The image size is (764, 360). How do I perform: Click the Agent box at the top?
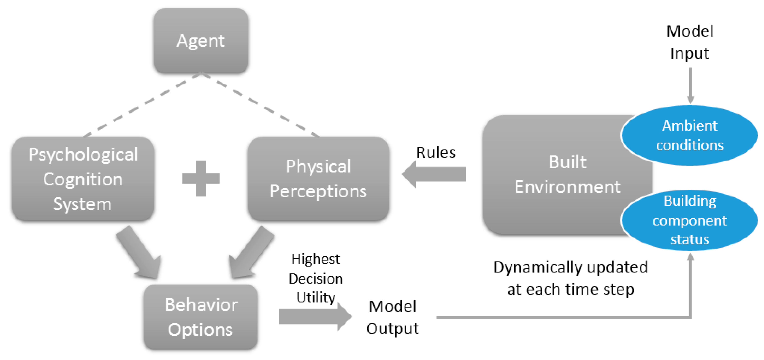click(201, 41)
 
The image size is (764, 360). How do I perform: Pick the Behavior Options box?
click(201, 317)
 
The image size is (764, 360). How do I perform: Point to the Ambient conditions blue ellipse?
click(690, 135)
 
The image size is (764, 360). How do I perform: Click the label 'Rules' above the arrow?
click(436, 153)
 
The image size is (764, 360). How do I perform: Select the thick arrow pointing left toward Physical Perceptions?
click(434, 174)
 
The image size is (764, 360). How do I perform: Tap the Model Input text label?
click(690, 42)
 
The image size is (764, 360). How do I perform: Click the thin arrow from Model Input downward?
click(690, 86)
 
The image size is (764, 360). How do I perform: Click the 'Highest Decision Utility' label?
click(316, 278)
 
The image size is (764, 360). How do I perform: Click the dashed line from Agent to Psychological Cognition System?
click(142, 105)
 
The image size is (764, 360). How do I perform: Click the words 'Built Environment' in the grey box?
click(567, 174)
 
